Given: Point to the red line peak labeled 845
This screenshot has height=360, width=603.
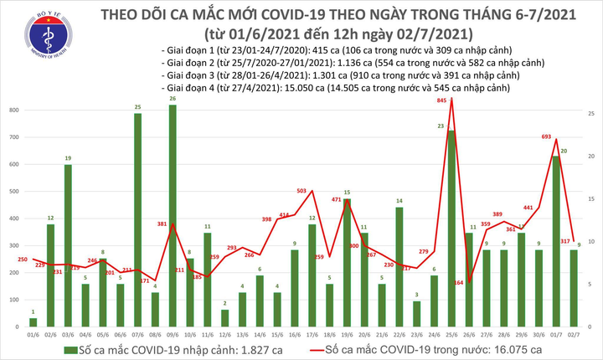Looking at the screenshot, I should pyautogui.click(x=452, y=99).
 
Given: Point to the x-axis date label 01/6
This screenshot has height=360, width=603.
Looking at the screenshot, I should pyautogui.click(x=33, y=333).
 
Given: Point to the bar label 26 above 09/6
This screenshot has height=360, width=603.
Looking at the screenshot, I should pyautogui.click(x=173, y=100).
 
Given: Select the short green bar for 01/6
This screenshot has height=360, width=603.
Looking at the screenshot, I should pyautogui.click(x=33, y=321).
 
